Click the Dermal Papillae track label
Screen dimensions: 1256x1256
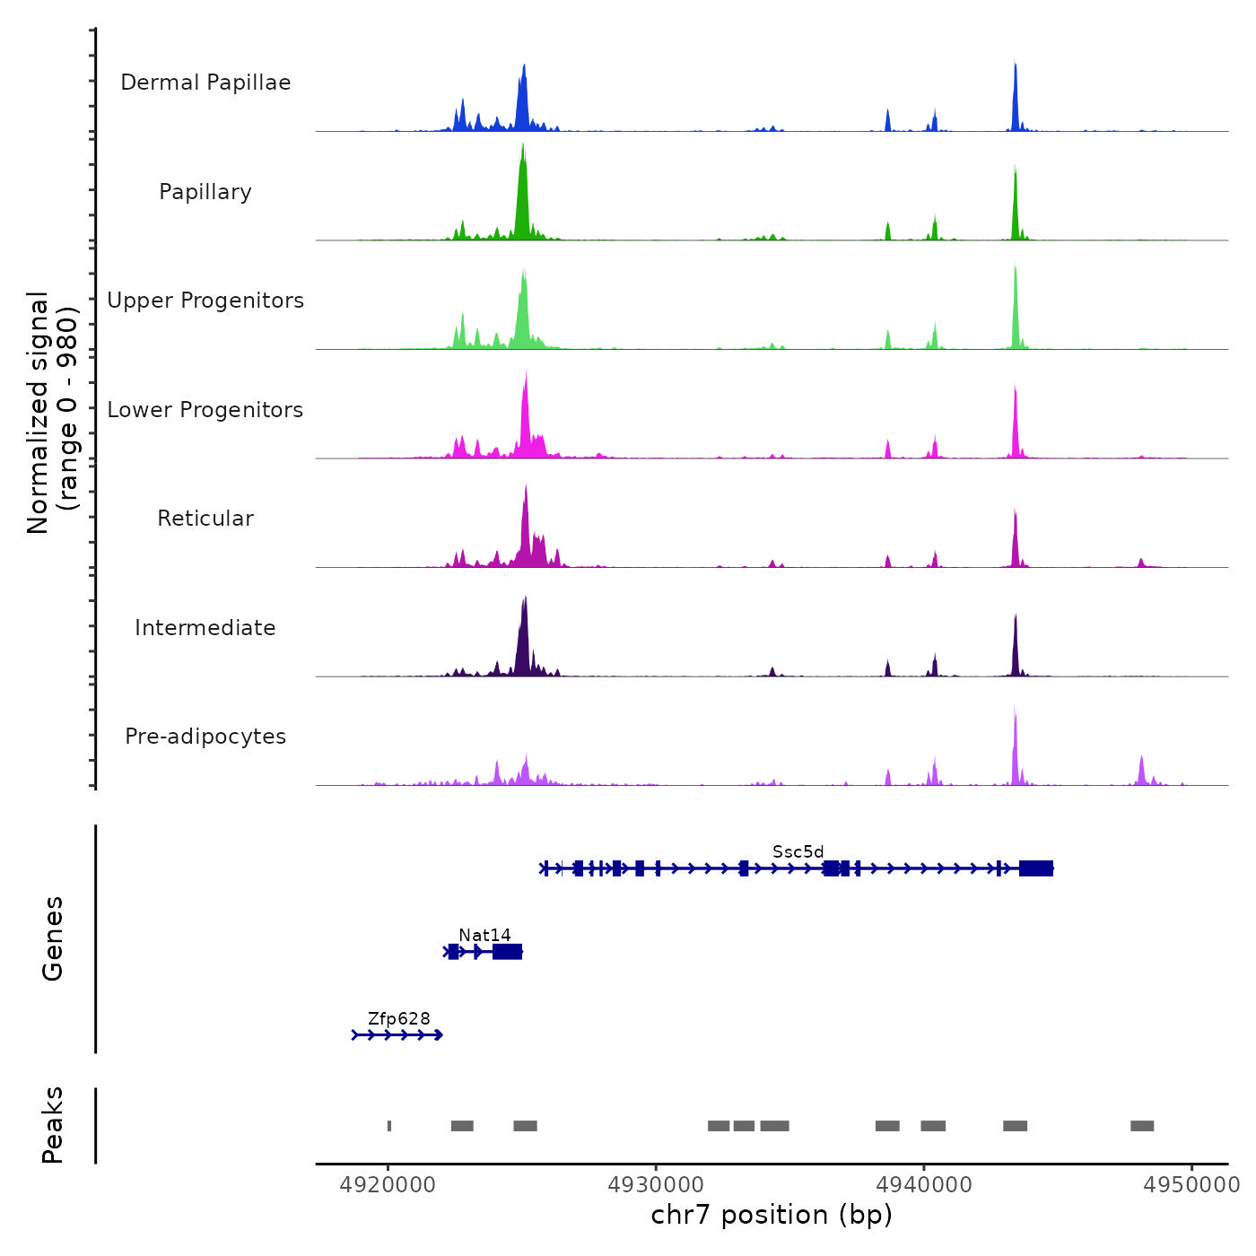tap(205, 83)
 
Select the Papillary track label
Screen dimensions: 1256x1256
tap(205, 192)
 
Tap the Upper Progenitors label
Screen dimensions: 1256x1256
tap(205, 301)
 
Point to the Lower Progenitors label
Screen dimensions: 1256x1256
tap(205, 410)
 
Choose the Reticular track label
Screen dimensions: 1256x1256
tap(205, 519)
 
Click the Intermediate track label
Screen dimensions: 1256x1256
tap(205, 628)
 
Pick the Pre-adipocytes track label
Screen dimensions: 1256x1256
tap(205, 737)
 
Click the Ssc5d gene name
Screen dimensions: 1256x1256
tap(798, 851)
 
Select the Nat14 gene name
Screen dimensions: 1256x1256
tap(484, 936)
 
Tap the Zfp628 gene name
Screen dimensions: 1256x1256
tap(398, 1019)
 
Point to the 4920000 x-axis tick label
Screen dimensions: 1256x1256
tap(388, 1185)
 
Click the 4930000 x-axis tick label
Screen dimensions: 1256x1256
tap(656, 1185)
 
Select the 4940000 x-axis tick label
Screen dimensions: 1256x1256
tap(924, 1185)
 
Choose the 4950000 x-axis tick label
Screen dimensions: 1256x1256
tap(1191, 1185)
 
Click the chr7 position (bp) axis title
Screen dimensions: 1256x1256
tap(772, 1215)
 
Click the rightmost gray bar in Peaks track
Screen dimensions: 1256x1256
tap(1142, 1126)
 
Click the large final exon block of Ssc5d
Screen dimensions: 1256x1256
tap(1036, 868)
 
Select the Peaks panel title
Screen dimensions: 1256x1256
tap(53, 1125)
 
